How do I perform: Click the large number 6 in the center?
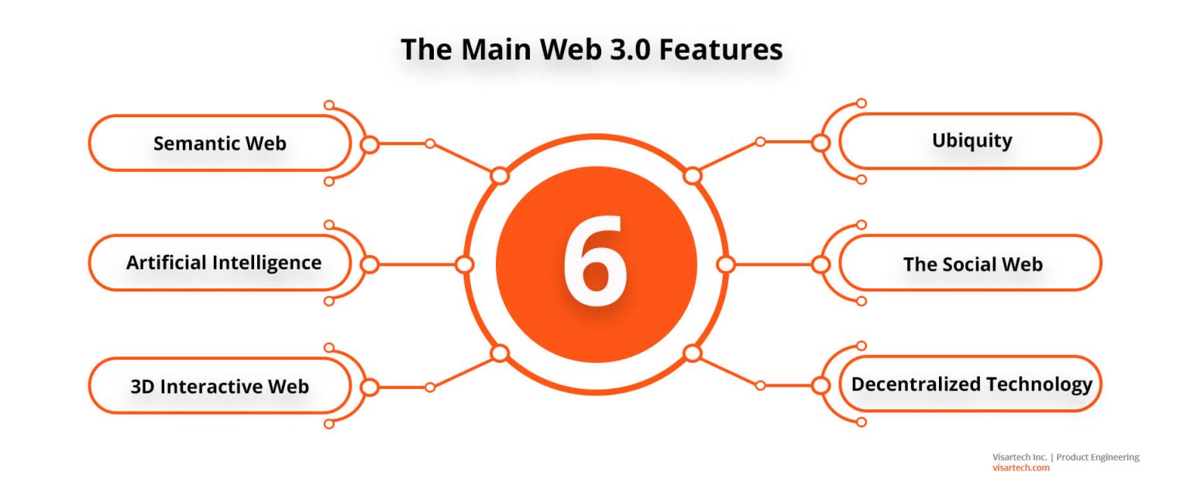point(595,261)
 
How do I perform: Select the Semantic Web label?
point(220,143)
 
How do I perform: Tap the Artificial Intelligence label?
point(224,263)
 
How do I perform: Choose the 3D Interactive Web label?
point(220,386)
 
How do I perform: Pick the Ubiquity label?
point(972,141)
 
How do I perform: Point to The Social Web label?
point(973,264)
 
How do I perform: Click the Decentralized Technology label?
point(972,384)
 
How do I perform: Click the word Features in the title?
point(721,50)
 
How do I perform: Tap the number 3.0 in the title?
point(630,50)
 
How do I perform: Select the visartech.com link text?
point(1020,467)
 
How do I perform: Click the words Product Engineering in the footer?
point(1098,457)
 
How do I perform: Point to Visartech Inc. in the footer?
point(1020,457)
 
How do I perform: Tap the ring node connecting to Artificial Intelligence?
point(464,264)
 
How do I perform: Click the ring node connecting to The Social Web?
point(726,264)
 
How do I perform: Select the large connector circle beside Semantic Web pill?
point(370,144)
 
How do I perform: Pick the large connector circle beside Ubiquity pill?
point(820,143)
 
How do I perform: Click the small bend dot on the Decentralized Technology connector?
point(760,385)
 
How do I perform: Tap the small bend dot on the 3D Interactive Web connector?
point(430,388)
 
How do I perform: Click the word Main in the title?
point(496,50)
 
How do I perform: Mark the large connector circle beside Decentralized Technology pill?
point(820,386)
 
